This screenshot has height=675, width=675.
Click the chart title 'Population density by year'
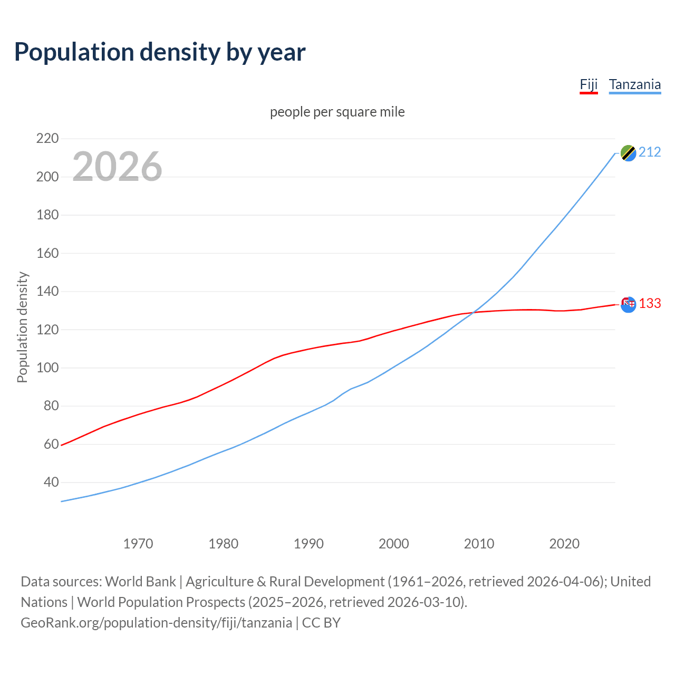(160, 52)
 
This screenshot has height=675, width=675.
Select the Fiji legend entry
(589, 84)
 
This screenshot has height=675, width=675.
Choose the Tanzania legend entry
(634, 84)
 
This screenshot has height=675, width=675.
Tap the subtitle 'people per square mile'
(337, 112)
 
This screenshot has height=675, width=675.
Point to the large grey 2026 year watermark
(117, 167)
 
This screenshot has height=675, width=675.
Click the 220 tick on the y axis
(47, 139)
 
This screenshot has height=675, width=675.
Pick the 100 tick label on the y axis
(47, 368)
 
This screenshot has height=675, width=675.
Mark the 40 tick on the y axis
(51, 482)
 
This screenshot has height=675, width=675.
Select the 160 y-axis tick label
(47, 253)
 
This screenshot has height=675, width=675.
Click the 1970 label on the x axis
(138, 544)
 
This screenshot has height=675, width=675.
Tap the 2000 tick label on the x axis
(394, 544)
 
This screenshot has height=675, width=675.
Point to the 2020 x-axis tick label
(564, 544)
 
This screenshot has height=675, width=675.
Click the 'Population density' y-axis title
(22, 327)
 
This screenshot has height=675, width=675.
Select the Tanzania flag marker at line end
(628, 153)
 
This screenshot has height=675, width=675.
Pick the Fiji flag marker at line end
(628, 304)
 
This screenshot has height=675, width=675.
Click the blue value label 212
(650, 152)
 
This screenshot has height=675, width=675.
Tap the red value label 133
(650, 304)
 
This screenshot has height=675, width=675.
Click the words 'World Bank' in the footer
(140, 582)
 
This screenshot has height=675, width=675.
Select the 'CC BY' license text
(321, 623)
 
